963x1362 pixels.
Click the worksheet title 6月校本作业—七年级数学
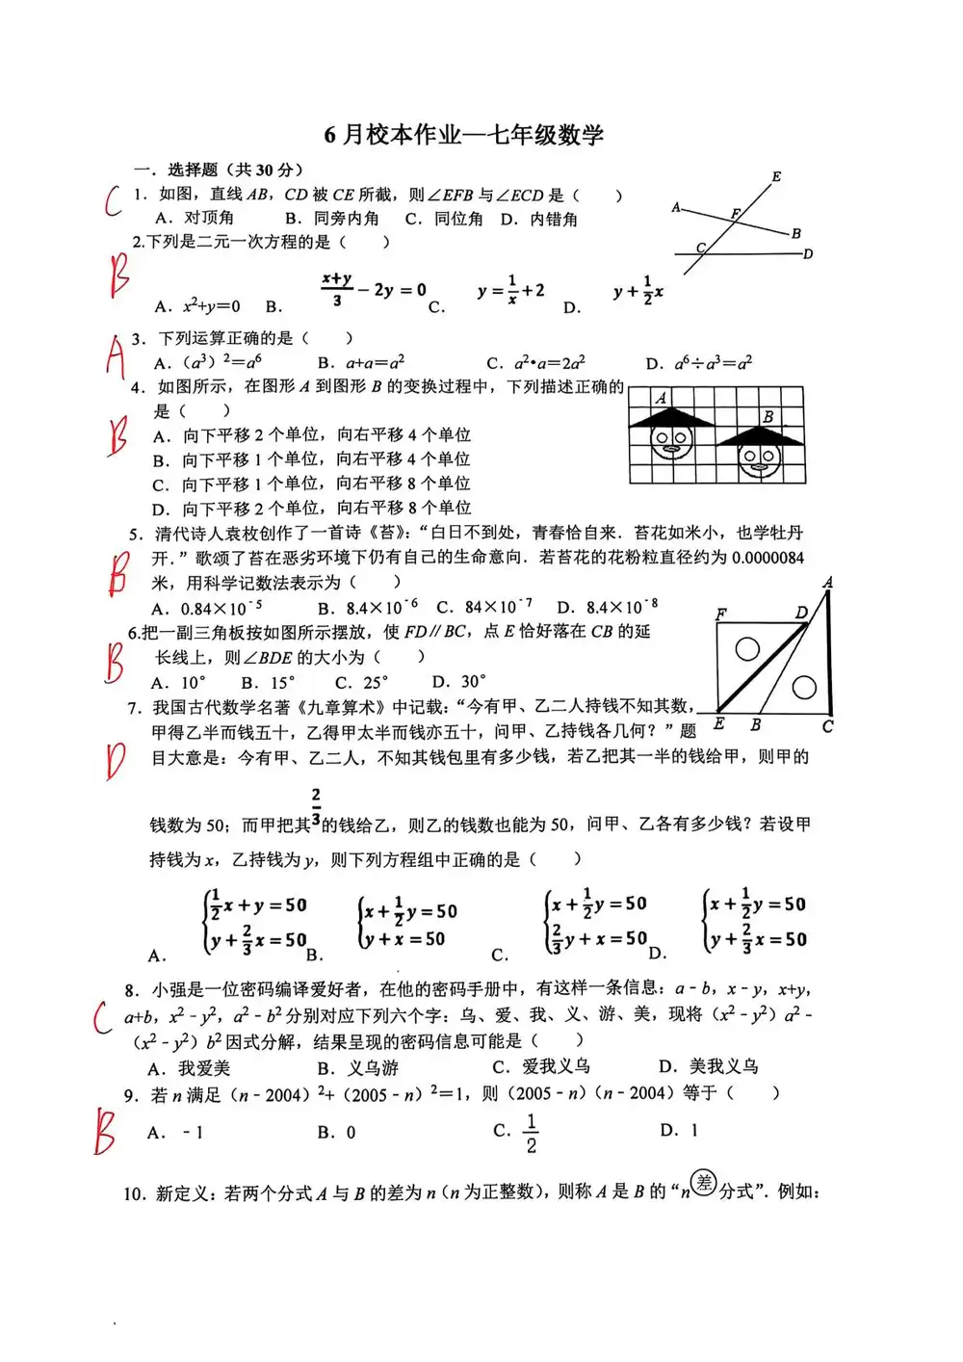[x=463, y=135]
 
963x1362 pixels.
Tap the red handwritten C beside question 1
[x=114, y=201]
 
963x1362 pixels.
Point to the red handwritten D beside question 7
[x=115, y=762]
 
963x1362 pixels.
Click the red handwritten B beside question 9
[x=105, y=1132]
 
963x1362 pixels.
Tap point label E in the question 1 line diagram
[x=776, y=177]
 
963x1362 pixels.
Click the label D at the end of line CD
[x=808, y=254]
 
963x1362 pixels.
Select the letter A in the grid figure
[x=661, y=398]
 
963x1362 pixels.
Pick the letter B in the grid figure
[x=768, y=417]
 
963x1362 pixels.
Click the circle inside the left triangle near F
[x=746, y=648]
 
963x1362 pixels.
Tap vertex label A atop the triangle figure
[x=828, y=583]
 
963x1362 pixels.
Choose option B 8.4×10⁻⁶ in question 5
[x=369, y=607]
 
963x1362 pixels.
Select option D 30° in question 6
[x=459, y=681]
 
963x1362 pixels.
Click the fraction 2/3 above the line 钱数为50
[x=316, y=807]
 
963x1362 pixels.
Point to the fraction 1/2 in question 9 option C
[x=531, y=1134]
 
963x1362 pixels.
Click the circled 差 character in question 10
[x=705, y=1183]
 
